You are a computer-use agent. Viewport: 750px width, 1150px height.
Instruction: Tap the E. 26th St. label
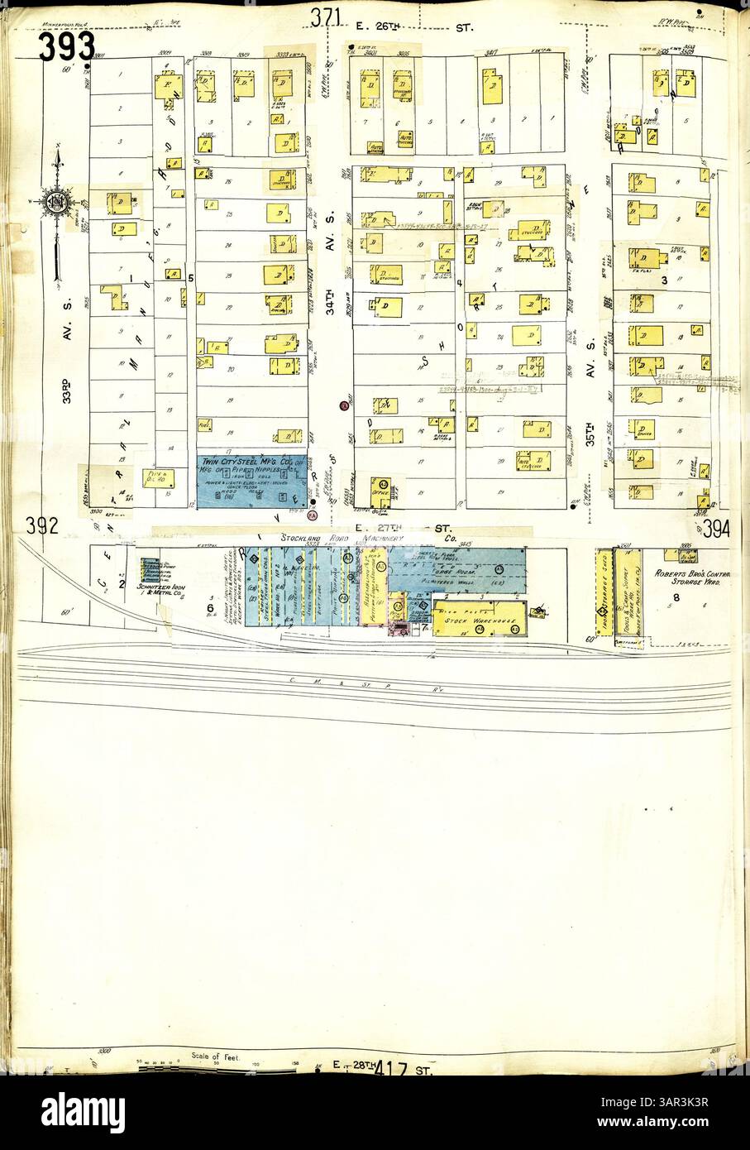pos(413,27)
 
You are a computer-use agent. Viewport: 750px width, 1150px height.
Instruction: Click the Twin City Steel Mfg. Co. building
pos(251,479)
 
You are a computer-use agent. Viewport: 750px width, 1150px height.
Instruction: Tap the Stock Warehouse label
pos(471,620)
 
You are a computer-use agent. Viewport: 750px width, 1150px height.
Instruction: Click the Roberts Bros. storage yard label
pos(690,577)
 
